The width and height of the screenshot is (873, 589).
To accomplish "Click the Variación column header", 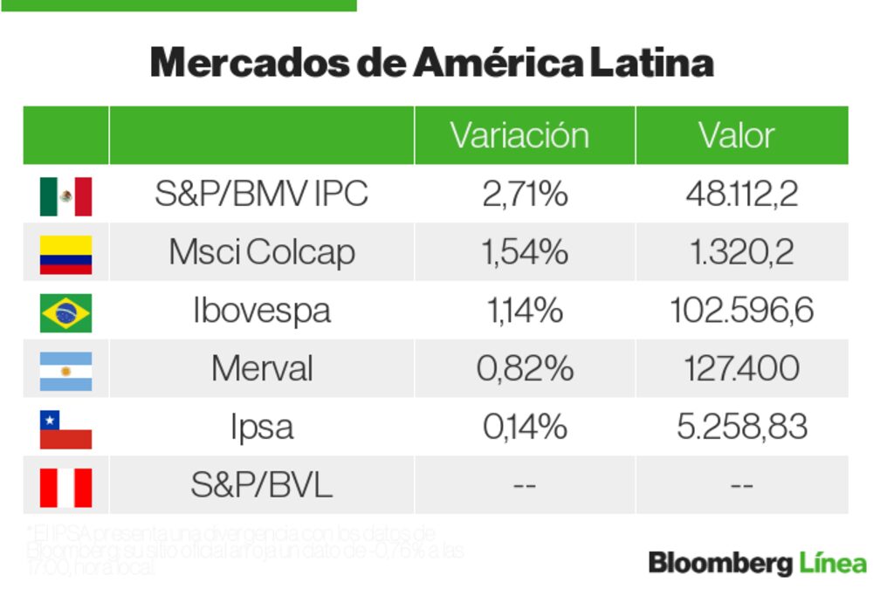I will [519, 136].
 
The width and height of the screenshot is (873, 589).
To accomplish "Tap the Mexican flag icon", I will [65, 195].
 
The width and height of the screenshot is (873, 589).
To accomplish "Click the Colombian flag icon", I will [65, 254].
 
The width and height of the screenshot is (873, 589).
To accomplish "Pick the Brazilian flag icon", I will [65, 312].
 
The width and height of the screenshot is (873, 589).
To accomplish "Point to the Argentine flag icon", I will [65, 370].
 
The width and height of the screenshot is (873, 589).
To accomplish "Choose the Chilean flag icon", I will [65, 428].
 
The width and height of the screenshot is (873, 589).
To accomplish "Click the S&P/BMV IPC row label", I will [261, 195].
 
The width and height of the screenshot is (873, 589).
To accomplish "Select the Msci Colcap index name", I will [261, 253].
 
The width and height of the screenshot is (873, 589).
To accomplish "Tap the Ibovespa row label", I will [261, 312].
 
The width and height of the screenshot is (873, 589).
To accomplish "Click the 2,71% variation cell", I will [524, 195].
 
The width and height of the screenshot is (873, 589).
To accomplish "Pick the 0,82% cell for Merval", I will [524, 370].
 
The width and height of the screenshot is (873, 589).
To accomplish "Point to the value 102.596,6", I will [741, 312].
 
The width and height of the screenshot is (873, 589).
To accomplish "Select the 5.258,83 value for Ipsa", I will [741, 428].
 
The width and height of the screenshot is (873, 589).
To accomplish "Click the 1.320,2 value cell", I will [741, 253].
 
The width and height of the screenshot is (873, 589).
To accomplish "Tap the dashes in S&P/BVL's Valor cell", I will [741, 486].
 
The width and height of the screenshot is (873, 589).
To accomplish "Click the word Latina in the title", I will [651, 63].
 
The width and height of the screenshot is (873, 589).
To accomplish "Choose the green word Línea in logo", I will [833, 563].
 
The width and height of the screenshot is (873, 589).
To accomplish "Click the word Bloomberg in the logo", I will [719, 564].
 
